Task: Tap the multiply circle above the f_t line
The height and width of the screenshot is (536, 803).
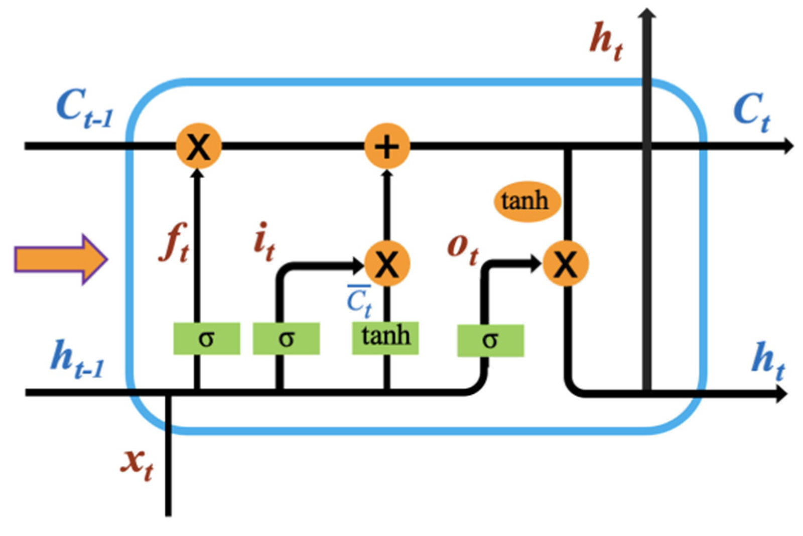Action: click(x=199, y=146)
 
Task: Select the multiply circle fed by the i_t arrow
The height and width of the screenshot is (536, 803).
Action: click(x=386, y=263)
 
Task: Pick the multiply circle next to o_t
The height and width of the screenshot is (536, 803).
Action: click(x=566, y=263)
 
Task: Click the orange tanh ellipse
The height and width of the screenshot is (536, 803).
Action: click(x=524, y=201)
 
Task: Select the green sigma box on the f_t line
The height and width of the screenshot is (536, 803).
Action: click(x=207, y=339)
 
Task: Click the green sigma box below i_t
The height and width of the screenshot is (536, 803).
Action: click(x=286, y=339)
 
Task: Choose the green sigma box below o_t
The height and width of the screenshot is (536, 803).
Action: click(x=490, y=340)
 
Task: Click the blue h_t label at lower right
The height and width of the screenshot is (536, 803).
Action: click(x=768, y=361)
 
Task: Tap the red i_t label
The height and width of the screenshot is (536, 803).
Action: click(x=264, y=242)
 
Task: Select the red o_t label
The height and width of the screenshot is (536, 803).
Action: click(x=462, y=248)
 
